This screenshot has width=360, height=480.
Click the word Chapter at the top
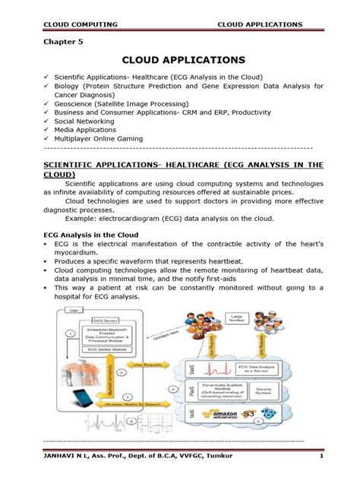pos(55,43)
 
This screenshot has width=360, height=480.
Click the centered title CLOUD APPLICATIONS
pos(179,59)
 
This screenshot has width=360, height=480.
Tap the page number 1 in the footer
pos(322,456)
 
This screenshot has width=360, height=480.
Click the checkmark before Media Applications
pos(46,131)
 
